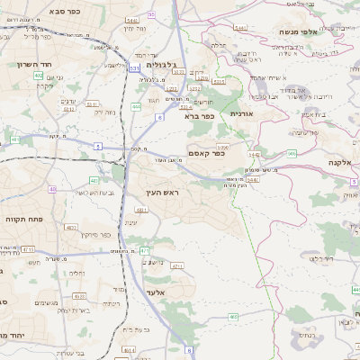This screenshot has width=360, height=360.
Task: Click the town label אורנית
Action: (x=242, y=114)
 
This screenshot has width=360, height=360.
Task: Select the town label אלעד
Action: (x=154, y=293)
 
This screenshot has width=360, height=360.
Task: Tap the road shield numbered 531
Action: (x=133, y=68)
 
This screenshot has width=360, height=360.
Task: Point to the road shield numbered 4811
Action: (x=117, y=211)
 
